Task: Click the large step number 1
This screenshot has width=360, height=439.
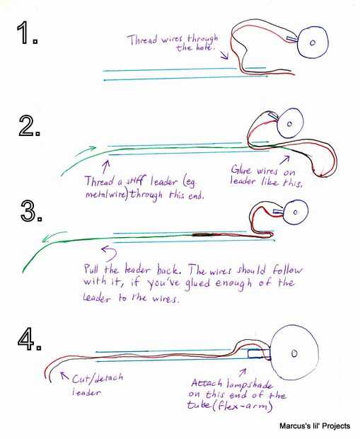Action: (27, 33)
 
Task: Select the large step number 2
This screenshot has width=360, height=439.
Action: (30, 126)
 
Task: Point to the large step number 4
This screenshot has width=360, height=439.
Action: (30, 341)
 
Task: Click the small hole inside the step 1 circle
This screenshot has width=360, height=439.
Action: (313, 42)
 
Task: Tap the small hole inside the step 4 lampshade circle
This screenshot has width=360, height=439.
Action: (294, 353)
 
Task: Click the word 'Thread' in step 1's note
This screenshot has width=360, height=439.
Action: (142, 40)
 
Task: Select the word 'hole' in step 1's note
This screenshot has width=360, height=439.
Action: (205, 47)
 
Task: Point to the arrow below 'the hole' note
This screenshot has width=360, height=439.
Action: (224, 55)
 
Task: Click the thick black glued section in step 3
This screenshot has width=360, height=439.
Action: (203, 234)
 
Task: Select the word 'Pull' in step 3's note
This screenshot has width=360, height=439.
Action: (91, 269)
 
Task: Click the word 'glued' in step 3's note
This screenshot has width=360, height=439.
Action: (197, 284)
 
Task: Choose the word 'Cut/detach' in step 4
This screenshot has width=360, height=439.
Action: (98, 379)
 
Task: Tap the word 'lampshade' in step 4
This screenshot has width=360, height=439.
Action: (250, 384)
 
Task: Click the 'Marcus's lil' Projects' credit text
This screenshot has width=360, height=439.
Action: (315, 426)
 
